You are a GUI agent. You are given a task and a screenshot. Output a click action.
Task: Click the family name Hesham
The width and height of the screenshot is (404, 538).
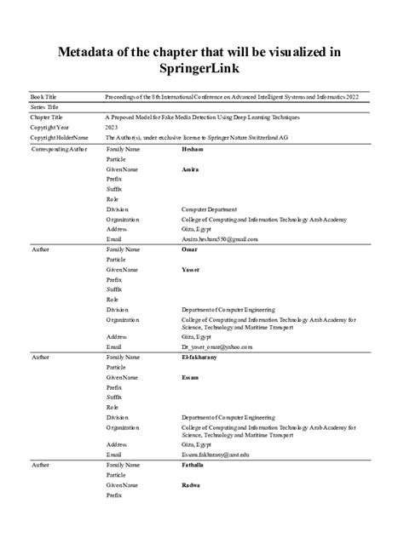193,149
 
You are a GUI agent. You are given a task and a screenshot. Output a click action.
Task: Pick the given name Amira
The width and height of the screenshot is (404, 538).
190,169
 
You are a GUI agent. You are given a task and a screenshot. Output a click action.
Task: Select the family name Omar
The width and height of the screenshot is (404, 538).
190,249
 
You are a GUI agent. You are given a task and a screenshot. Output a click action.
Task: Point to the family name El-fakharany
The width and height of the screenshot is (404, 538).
199,357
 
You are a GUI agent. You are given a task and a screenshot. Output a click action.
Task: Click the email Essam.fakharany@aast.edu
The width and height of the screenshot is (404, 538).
216,455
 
